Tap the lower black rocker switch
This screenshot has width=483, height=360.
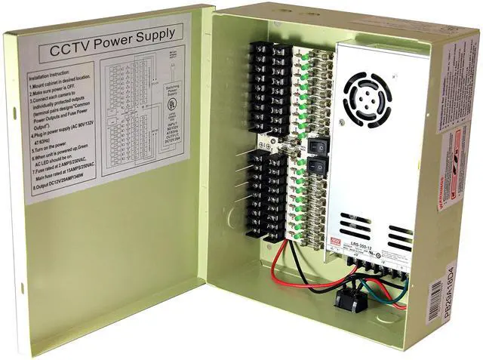coord(318,163)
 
